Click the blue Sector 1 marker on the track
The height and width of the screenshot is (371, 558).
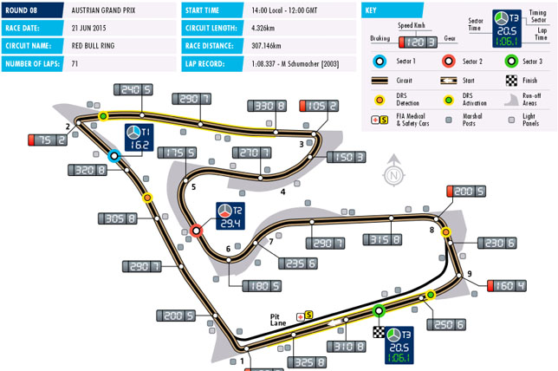[114, 156]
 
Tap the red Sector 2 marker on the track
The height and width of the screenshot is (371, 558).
[197, 231]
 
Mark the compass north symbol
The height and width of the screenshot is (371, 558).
[394, 173]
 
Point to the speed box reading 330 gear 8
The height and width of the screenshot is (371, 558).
[269, 106]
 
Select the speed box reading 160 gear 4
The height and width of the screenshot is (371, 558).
[506, 285]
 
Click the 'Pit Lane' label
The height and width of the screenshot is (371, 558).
[278, 316]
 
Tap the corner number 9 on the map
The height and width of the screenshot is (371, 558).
[469, 275]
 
